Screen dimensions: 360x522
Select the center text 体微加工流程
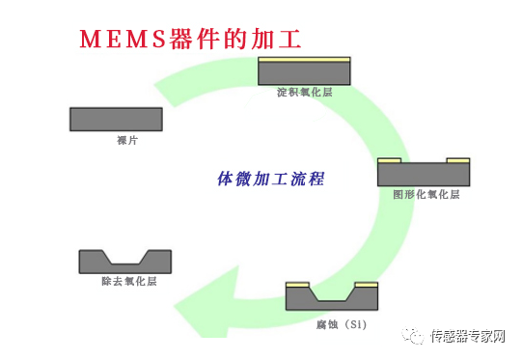[270, 179]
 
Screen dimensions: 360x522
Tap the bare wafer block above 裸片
[116, 119]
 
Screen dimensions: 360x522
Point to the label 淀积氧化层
[303, 93]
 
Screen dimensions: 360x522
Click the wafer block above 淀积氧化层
[304, 73]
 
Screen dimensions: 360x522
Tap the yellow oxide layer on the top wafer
[304, 60]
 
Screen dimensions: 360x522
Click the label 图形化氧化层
[426, 194]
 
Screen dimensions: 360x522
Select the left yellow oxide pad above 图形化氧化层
[389, 159]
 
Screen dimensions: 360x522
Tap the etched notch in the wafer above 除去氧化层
[125, 257]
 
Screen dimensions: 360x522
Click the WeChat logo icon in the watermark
[414, 336]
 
